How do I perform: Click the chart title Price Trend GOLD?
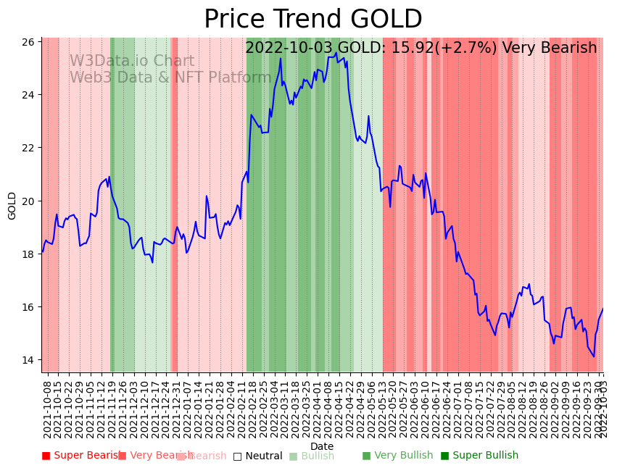point(312,20)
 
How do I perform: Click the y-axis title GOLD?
point(12,206)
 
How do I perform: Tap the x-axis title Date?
point(322,446)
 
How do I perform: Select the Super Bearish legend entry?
point(81,456)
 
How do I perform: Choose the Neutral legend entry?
point(257,456)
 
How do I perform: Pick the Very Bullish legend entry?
point(397,456)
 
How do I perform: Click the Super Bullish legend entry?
point(479,456)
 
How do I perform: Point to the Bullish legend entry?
point(312,456)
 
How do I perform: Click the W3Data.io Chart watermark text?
point(132,62)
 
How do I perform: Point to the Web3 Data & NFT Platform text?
point(170,78)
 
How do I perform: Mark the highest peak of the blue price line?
point(336,52)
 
